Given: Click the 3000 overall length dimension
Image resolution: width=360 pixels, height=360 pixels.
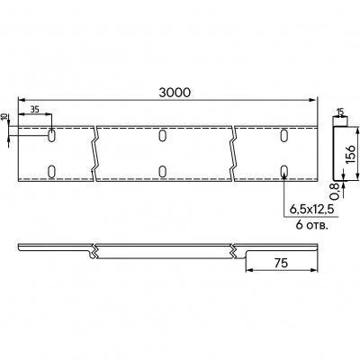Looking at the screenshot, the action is click(x=175, y=93).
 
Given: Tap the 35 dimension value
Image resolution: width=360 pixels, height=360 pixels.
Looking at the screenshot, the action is click(x=35, y=110).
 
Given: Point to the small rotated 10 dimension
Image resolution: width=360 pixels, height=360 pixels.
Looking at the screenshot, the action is click(x=4, y=117).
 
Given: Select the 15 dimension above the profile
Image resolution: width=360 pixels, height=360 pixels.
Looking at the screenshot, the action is click(x=340, y=112).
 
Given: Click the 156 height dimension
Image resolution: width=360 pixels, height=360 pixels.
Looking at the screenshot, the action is click(x=351, y=154).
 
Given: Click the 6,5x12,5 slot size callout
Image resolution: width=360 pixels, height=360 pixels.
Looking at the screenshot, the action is click(x=311, y=209).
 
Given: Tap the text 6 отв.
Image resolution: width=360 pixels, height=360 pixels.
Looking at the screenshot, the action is click(x=311, y=225).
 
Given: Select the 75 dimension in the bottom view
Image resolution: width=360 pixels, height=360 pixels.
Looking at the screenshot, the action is click(x=281, y=263).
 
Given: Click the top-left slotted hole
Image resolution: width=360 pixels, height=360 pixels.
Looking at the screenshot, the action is click(x=51, y=136).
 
